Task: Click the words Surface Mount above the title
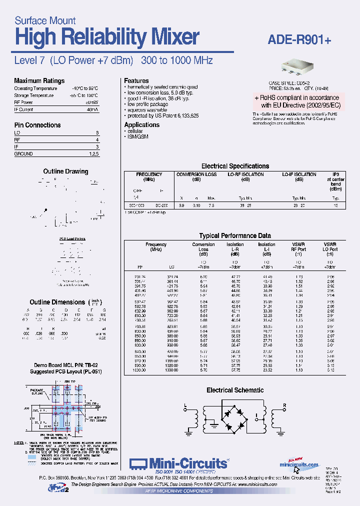pos(45,20)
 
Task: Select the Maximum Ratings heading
pos(39,81)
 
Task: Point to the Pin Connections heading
pos(37,125)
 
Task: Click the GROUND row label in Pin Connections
pos(23,154)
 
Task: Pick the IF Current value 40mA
pos(92,109)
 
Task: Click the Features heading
pos(136,81)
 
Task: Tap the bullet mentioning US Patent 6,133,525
pos(162,115)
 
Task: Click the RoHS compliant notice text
pos(300,101)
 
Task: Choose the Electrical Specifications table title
pos(235,166)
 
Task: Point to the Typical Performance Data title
pos(235,235)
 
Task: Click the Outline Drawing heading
pos(65,171)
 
